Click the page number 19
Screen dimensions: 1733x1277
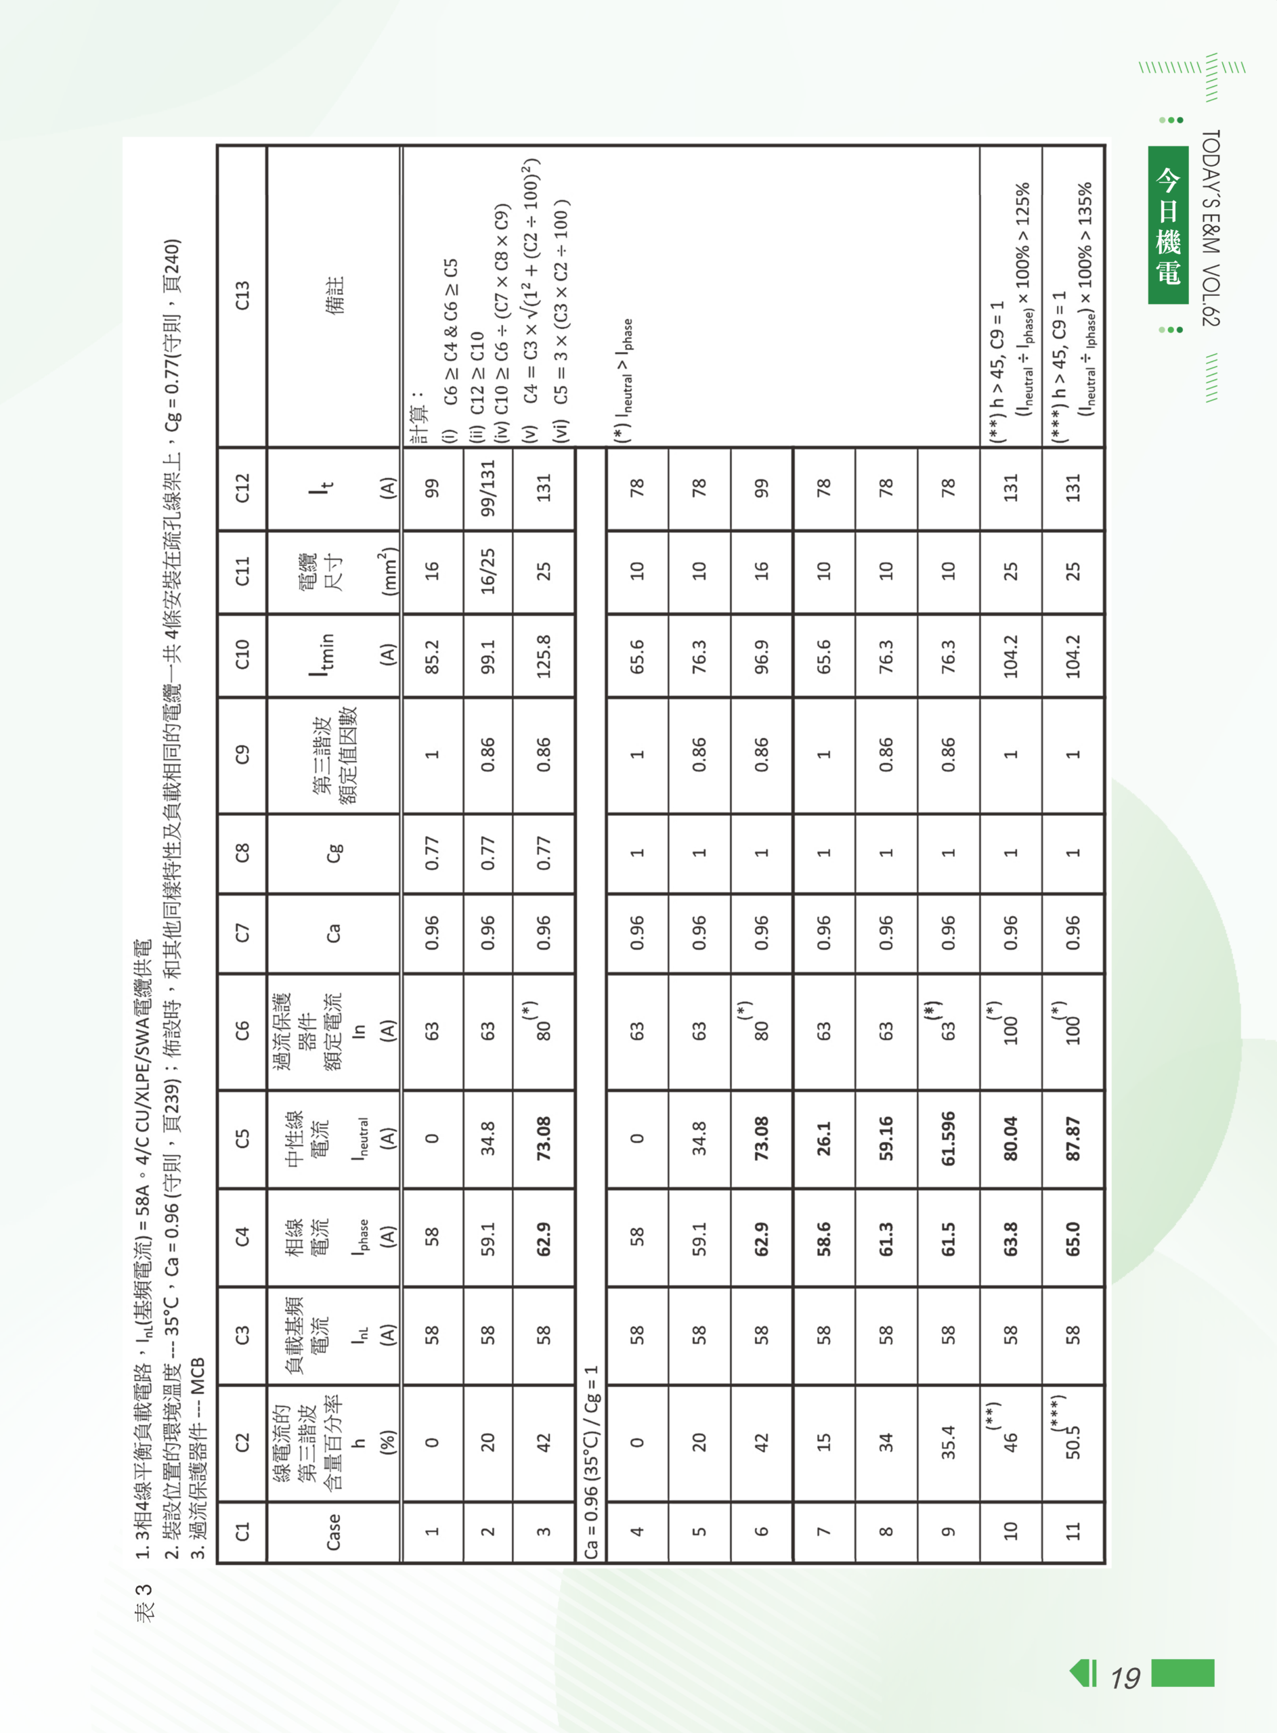click(x=1125, y=1677)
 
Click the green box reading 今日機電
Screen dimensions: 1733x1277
click(x=1168, y=225)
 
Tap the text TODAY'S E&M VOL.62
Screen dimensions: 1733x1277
click(x=1211, y=228)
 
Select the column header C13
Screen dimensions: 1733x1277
click(x=242, y=295)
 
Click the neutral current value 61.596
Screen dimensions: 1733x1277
click(x=949, y=1138)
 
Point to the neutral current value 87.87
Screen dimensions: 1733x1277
click(x=1073, y=1138)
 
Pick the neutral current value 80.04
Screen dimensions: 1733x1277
click(x=1010, y=1138)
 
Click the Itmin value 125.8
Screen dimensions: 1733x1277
click(x=544, y=656)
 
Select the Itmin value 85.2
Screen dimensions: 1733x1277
click(x=431, y=656)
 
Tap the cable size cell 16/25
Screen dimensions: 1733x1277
click(x=488, y=571)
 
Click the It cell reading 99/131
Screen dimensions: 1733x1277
click(x=488, y=488)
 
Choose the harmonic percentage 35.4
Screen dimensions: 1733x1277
click(x=949, y=1442)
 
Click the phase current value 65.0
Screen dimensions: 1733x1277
click(x=1073, y=1237)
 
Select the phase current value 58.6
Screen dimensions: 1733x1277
click(x=824, y=1237)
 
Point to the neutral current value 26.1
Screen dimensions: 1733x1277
click(x=824, y=1138)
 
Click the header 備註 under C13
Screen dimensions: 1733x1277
click(x=334, y=295)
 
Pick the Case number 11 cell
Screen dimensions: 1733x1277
click(x=1073, y=1531)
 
